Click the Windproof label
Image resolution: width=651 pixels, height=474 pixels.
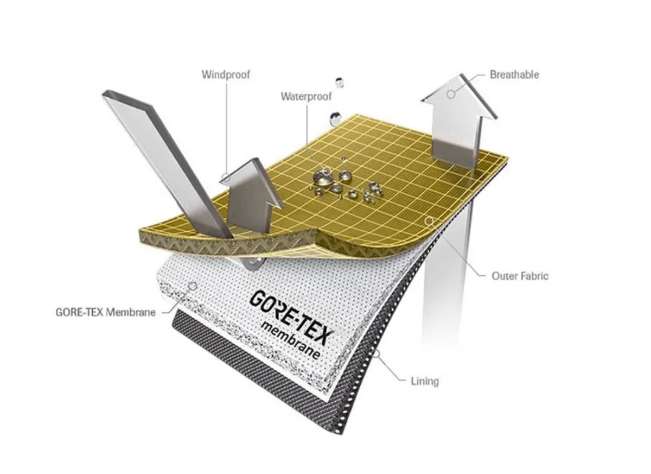tap(226, 74)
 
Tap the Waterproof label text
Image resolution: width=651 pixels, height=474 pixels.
tap(306, 96)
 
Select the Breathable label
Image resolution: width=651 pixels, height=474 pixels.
tap(514, 74)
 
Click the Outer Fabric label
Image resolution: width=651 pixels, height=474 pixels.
tap(520, 276)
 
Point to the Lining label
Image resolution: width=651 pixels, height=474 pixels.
tap(425, 381)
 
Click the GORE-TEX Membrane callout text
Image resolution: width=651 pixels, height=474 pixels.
tap(105, 312)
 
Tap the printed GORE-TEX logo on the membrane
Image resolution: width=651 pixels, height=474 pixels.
tap(290, 316)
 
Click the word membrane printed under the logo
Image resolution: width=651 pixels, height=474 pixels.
tap(291, 340)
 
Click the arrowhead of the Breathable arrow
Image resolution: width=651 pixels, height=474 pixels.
tap(459, 97)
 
